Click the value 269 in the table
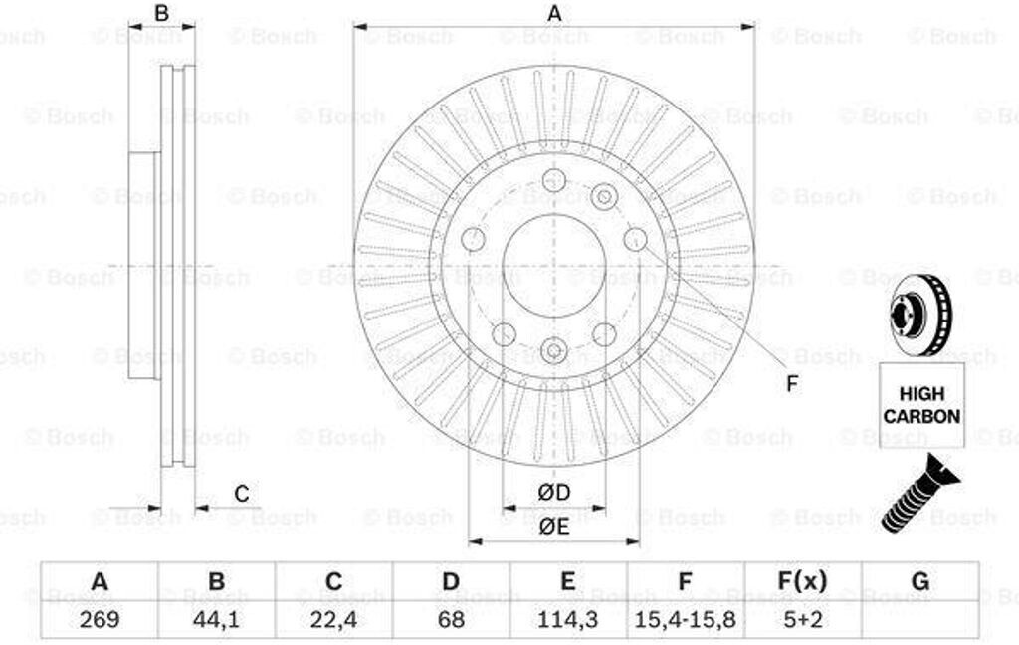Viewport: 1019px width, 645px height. tap(99, 619)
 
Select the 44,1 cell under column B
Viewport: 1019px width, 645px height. tap(216, 619)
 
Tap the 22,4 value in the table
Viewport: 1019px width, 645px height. tap(333, 619)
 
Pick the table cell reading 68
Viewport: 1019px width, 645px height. tap(451, 619)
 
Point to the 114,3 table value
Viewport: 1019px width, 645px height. tap(567, 619)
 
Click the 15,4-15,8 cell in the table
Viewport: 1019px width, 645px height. tap(685, 619)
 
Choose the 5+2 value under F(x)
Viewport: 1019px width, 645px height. tap(803, 619)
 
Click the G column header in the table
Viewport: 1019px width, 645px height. tap(919, 581)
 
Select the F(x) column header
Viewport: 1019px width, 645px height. tap(803, 581)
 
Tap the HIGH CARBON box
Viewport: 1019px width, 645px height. tap(921, 405)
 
